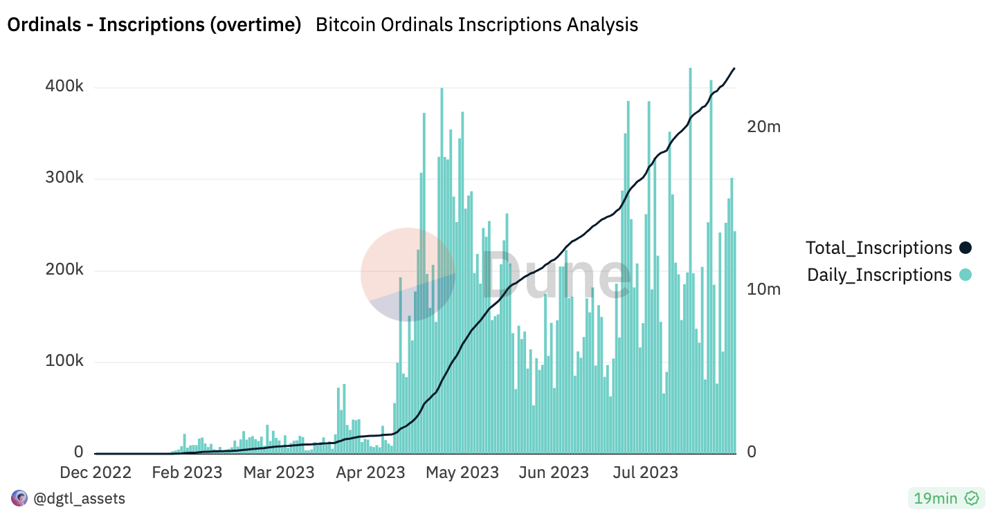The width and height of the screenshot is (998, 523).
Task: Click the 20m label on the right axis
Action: [763, 127]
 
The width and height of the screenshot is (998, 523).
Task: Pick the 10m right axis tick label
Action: [763, 289]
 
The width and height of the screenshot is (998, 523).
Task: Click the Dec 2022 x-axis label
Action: [95, 473]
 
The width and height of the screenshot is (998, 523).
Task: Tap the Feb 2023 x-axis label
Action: [187, 473]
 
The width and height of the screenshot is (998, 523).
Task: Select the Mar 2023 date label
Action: [278, 473]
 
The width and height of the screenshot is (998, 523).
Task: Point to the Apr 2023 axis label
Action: [370, 473]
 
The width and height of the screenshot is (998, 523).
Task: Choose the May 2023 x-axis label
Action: [462, 473]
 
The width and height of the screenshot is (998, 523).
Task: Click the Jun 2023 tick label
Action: [553, 473]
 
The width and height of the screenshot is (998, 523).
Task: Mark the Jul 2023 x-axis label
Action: [644, 473]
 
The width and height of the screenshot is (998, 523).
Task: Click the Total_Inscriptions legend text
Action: [879, 248]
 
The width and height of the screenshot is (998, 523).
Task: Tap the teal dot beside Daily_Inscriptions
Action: [965, 275]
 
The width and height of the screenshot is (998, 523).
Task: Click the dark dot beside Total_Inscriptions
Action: [965, 248]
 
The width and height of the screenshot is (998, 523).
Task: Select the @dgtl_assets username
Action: [79, 498]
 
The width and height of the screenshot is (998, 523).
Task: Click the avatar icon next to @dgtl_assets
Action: [19, 498]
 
